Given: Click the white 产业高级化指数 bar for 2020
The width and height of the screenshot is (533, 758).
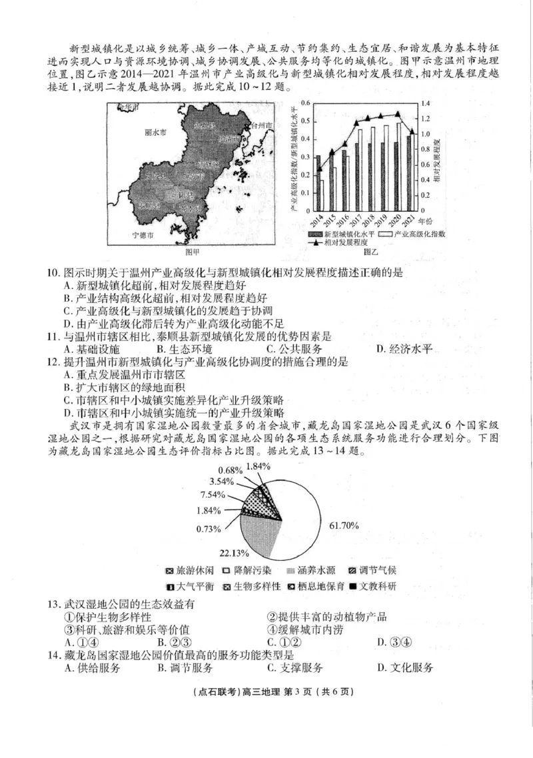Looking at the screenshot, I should point(400,167).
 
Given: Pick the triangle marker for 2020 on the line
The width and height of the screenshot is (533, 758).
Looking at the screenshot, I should point(398,114).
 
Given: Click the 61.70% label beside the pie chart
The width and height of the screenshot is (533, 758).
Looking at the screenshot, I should point(343,526).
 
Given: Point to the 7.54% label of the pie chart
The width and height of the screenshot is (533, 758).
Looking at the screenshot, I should point(211,495).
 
